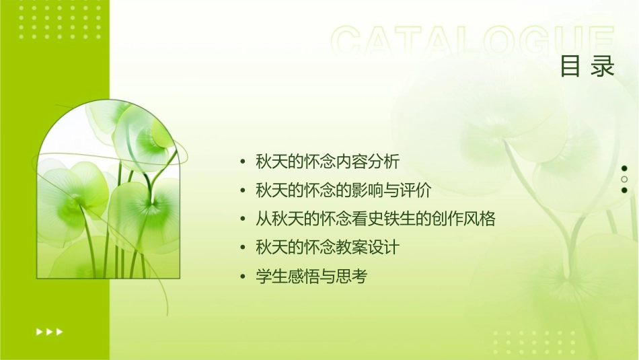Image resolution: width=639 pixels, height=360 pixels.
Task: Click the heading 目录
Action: click(587, 67)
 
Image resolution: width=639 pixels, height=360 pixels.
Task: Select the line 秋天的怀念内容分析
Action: click(328, 161)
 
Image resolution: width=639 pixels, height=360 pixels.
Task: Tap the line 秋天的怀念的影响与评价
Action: click(343, 190)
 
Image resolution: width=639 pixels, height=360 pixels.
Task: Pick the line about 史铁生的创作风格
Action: click(375, 219)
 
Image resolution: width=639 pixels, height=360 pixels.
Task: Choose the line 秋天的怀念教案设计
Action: click(328, 248)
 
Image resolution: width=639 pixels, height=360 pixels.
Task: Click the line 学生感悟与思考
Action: click(311, 277)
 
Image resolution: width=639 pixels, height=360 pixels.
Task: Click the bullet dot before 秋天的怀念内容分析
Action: click(243, 162)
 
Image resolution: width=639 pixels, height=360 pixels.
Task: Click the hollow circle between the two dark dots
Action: click(624, 180)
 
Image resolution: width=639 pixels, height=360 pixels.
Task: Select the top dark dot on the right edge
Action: click(624, 168)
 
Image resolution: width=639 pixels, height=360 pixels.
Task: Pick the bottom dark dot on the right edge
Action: click(624, 190)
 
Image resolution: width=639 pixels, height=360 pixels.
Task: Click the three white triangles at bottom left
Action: click(49, 331)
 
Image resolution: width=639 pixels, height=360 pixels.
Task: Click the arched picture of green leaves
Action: click(108, 192)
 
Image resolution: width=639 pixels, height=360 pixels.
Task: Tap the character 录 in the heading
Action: click(603, 67)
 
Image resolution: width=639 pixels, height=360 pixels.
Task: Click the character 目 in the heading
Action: click(570, 67)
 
